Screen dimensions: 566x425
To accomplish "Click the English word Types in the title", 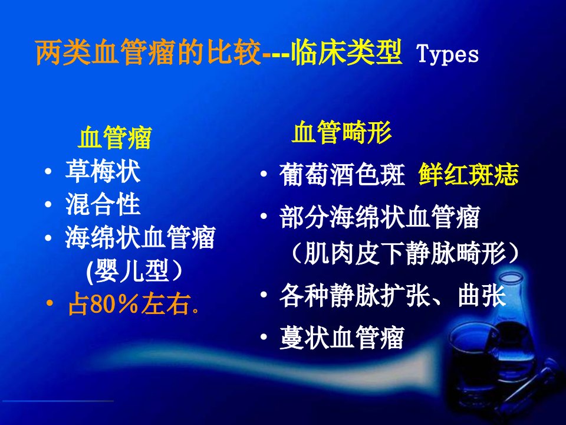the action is point(447,55).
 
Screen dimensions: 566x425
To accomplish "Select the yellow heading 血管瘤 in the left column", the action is point(115,138).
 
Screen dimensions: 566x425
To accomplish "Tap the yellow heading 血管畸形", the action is point(341,132).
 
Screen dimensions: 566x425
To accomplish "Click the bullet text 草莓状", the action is point(103,171).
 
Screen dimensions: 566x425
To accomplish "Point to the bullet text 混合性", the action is point(103,204).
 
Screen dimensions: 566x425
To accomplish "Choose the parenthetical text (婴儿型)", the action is point(134,271).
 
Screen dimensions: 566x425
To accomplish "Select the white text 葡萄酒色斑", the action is point(342,175).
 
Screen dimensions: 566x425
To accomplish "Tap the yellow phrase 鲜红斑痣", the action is point(469,174).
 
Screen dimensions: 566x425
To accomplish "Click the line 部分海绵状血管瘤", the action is point(380,217).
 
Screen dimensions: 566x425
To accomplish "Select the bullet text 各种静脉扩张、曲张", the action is point(393,295).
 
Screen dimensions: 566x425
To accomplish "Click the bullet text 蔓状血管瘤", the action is point(341,338).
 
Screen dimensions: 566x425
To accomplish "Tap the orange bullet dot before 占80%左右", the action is point(50,302).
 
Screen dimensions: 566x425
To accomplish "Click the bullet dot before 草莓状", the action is point(48,171).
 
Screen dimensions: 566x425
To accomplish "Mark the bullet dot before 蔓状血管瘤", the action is point(264,337).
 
